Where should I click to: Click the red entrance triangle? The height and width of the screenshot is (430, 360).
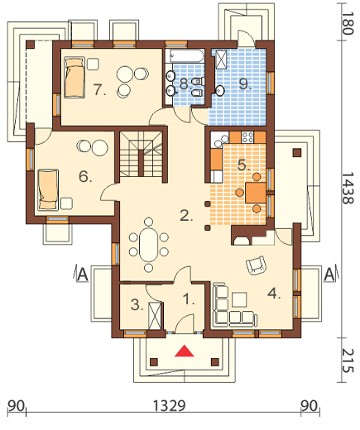pos(185,351)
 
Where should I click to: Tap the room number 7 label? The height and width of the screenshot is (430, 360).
pos(99,90)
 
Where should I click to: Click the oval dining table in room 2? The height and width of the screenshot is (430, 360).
pos(148,245)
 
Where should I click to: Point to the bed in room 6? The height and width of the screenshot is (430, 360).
pos(48,190)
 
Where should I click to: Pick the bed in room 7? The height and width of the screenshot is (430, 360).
pos(74,78)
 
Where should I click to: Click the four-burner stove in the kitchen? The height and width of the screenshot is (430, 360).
pos(247,137)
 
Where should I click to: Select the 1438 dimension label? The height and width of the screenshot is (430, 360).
pos(348,189)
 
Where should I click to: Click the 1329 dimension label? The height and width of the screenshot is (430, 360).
pos(169,405)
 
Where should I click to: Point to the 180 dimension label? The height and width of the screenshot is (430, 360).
pos(348,23)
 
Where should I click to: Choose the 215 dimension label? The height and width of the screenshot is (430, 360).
pos(348,361)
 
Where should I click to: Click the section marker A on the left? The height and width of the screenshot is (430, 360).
pos(83,275)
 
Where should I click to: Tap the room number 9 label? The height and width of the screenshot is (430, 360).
pos(245,84)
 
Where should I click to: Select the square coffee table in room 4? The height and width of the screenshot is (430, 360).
pos(239,299)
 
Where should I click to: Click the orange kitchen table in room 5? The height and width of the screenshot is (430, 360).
pos(256,192)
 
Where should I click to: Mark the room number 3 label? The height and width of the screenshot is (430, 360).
pos(137,305)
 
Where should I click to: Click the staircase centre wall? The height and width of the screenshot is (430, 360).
pos(141,163)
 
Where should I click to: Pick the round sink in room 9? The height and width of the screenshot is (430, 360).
pos(220,90)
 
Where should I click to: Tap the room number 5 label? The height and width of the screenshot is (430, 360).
pos(243,165)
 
